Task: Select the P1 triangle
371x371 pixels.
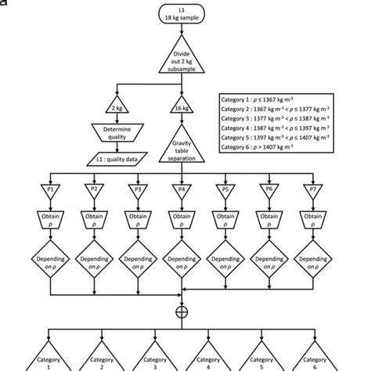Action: (x=51, y=190)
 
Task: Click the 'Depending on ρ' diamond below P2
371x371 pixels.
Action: (x=95, y=261)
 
